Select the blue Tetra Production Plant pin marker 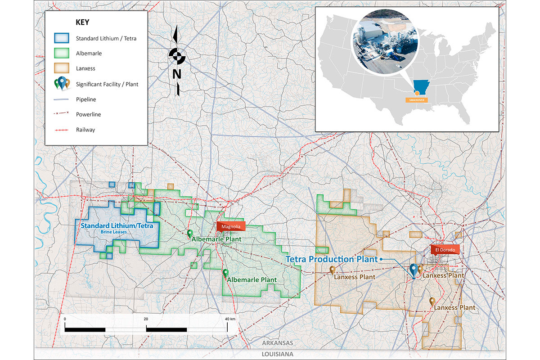click(414, 270)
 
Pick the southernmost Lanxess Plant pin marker click(432, 301)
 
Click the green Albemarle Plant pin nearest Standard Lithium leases click(190, 233)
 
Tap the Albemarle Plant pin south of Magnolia click(226, 273)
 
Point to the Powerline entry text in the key click(89, 114)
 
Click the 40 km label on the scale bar click(229, 319)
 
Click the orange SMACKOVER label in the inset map click(417, 99)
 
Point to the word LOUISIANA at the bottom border click(278, 354)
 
